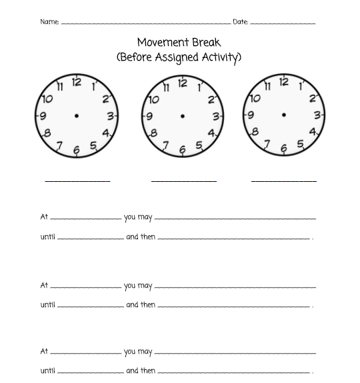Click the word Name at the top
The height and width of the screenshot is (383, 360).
[x=49, y=22]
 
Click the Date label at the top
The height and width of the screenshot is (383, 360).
[x=240, y=22]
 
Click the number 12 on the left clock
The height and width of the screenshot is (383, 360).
[x=77, y=82]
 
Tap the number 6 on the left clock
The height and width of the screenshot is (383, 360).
[x=76, y=151]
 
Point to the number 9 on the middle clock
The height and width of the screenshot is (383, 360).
[x=149, y=117]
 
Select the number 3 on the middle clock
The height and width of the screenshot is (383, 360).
[x=215, y=117]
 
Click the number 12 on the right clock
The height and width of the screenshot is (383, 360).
[x=284, y=82]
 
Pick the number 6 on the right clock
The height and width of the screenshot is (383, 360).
[x=283, y=149]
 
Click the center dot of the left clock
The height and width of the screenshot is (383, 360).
[x=77, y=116]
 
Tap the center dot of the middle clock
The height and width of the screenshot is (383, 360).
[x=183, y=117]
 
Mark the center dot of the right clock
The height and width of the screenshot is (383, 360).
[x=284, y=115]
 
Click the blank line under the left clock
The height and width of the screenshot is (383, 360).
[x=77, y=181]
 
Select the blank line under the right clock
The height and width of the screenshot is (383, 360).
[x=284, y=181]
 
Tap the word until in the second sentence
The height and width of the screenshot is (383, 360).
[x=47, y=305]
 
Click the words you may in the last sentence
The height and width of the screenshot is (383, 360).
[x=138, y=352]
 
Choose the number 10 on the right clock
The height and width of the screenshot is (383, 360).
[x=255, y=99]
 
